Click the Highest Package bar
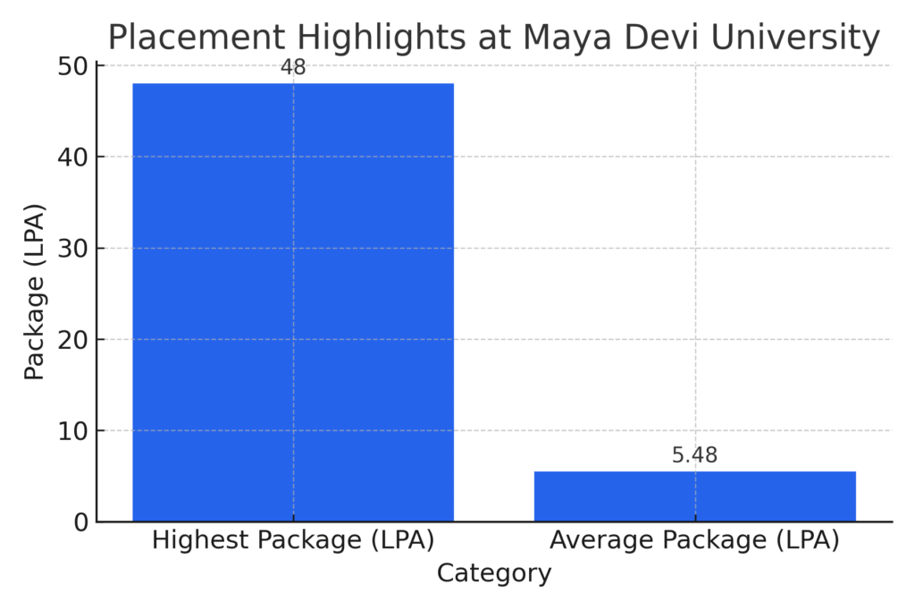pyautogui.click(x=293, y=301)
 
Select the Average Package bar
pyautogui.click(x=694, y=496)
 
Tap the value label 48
pyautogui.click(x=293, y=68)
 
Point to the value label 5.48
pyautogui.click(x=694, y=455)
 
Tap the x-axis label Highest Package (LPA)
pyautogui.click(x=293, y=540)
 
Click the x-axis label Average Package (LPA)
pyautogui.click(x=694, y=540)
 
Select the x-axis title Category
pyautogui.click(x=493, y=573)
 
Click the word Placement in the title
pyautogui.click(x=195, y=38)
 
